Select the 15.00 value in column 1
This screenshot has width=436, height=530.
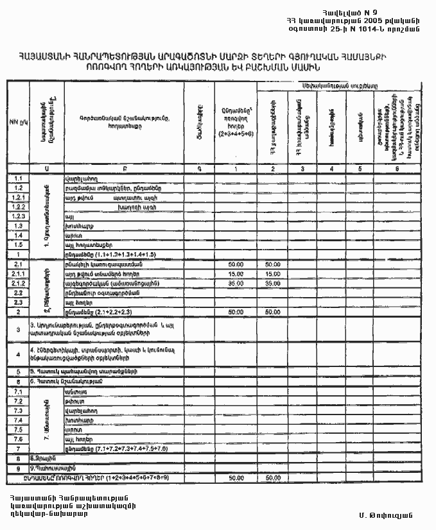235,274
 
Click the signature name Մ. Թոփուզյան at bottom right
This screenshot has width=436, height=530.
385,515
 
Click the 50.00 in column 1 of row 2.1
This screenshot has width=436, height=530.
235,264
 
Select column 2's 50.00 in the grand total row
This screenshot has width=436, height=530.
273,478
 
